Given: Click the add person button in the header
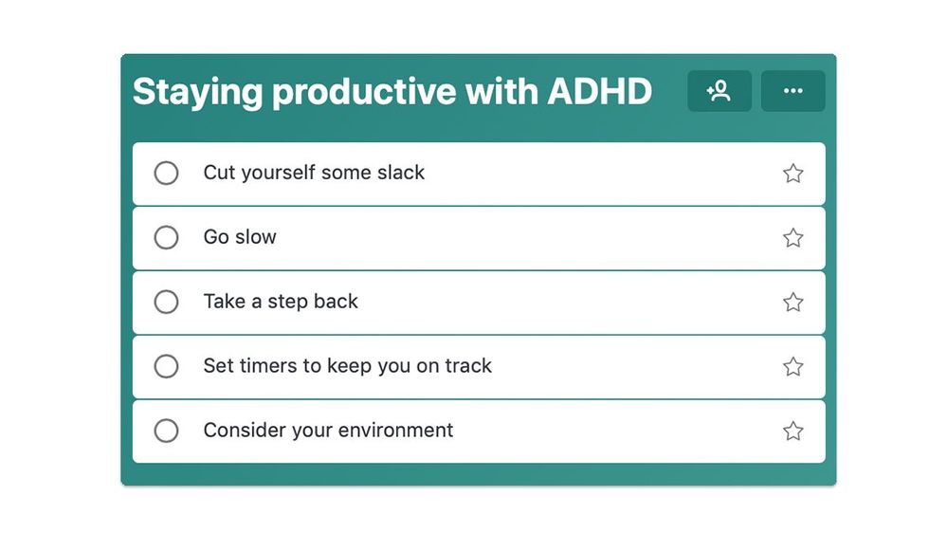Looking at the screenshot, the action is coord(719,91).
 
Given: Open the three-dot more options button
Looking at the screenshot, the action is coord(793,91).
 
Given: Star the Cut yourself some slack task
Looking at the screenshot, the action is coord(793,174).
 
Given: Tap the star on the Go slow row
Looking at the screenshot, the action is coord(793,237).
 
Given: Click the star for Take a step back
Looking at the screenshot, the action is coord(793,303).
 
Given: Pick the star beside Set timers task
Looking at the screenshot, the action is coord(793,366).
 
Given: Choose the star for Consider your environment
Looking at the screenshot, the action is coord(793,431).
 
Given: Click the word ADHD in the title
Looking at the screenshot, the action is coord(600,91).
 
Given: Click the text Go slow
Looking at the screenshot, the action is coord(240,237).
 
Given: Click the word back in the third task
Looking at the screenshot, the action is coord(336,301).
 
